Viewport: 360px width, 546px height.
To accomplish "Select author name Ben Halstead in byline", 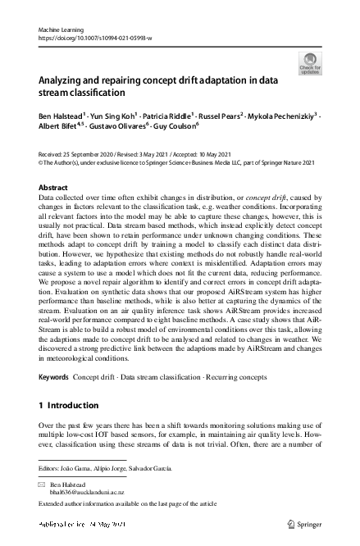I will [63, 117].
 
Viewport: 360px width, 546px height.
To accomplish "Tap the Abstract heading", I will [53, 188].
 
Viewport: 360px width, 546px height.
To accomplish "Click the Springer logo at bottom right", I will [303, 523].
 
